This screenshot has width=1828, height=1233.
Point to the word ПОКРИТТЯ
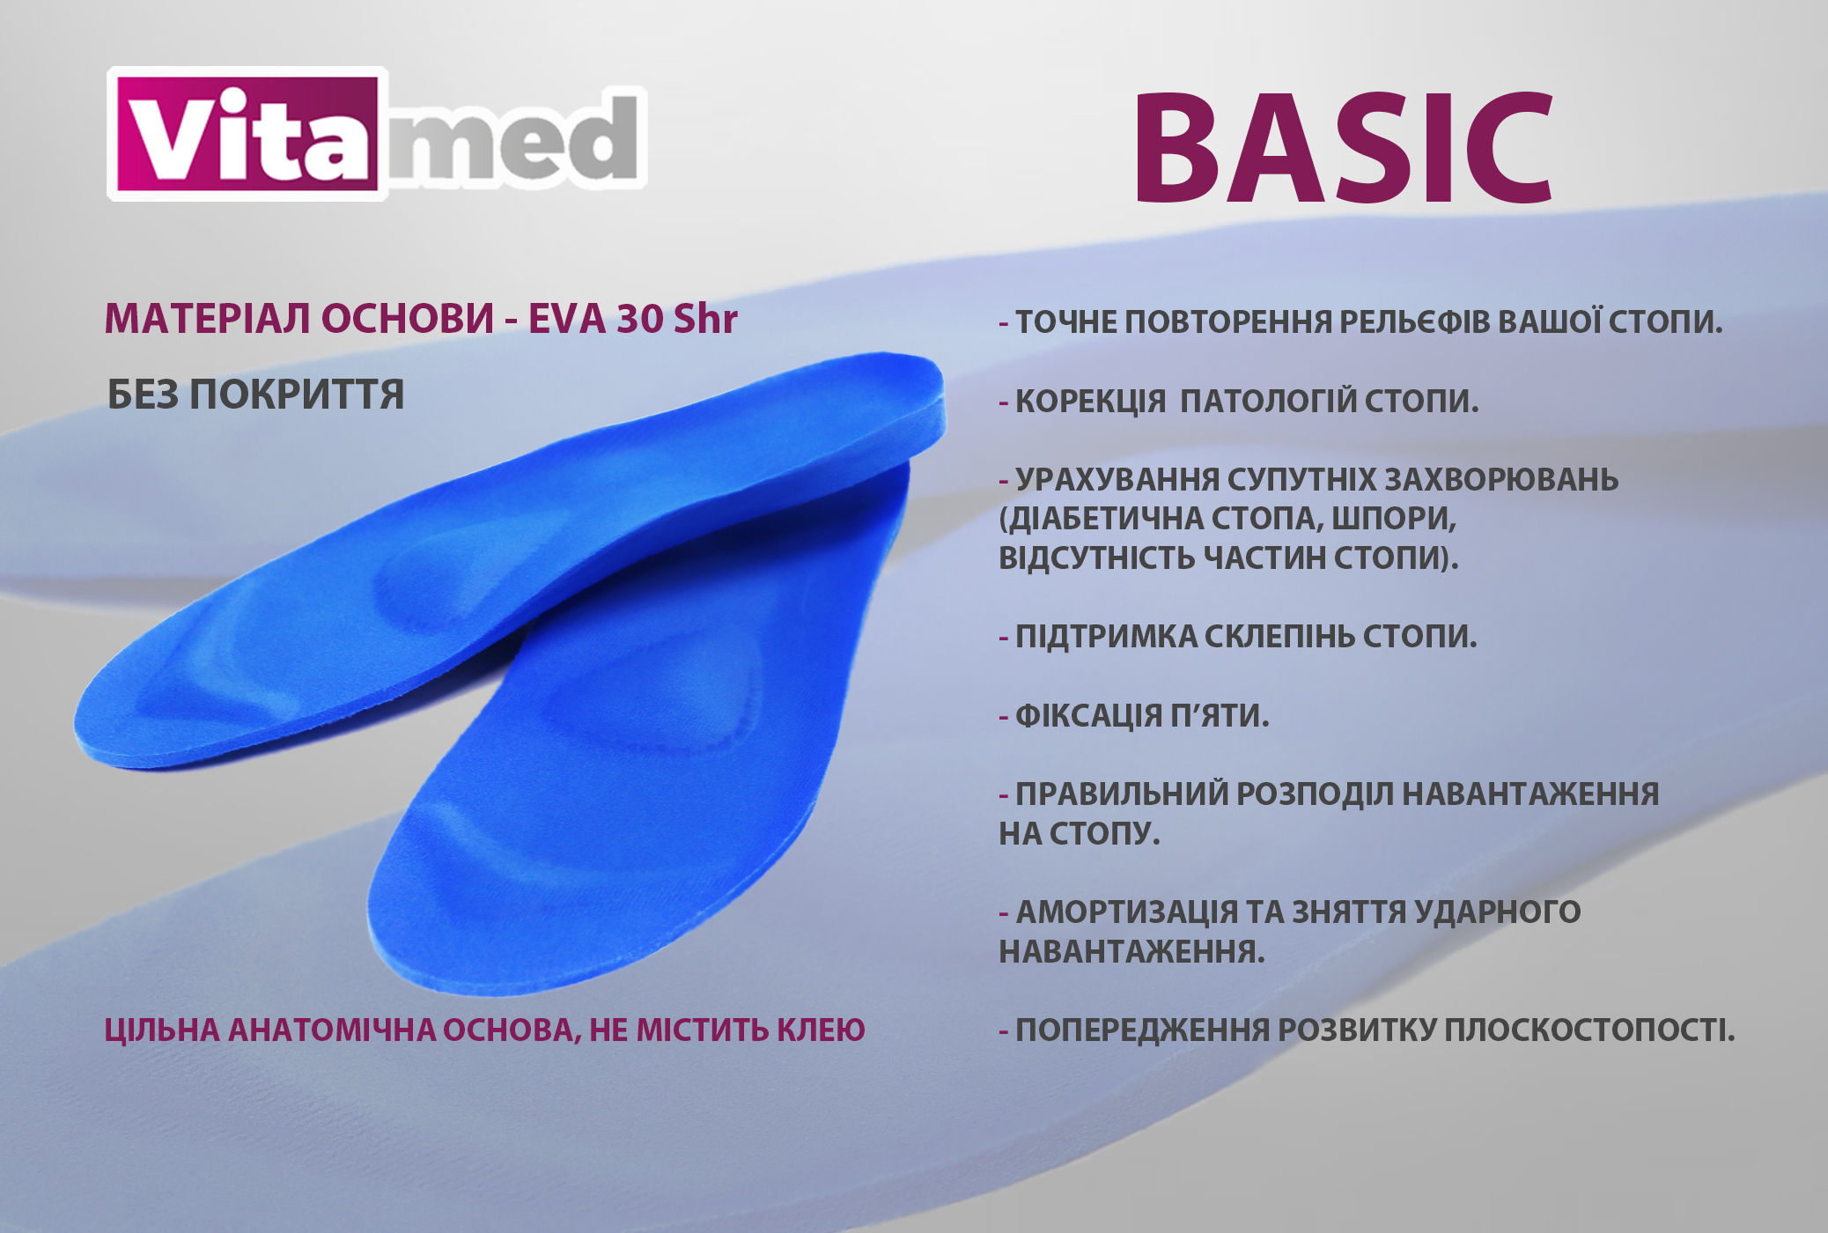tap(297, 394)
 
